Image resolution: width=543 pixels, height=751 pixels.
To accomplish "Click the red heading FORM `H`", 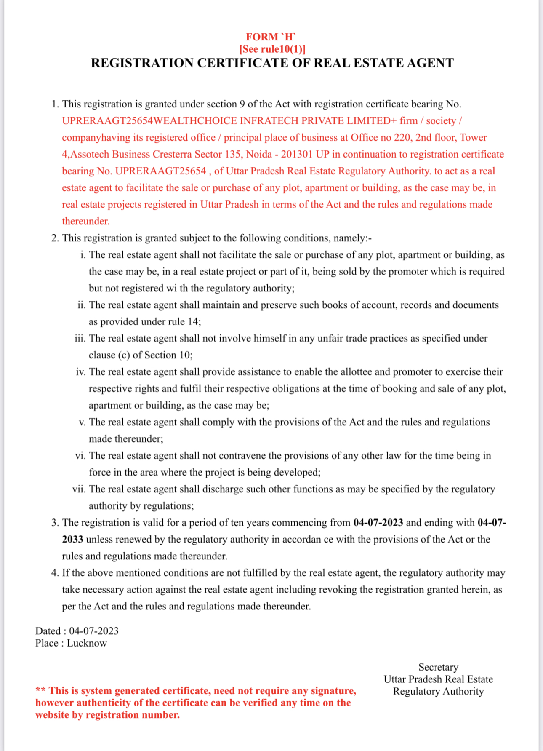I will point(271,37).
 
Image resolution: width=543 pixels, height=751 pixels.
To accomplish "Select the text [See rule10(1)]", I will point(272,49).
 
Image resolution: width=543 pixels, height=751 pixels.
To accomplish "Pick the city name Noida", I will point(259,155).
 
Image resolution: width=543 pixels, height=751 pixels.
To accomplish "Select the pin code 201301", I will point(297,155).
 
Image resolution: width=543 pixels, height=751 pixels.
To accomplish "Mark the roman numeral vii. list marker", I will point(79,489).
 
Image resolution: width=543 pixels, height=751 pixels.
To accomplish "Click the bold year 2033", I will point(72,540).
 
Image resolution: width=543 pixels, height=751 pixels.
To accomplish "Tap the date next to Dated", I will point(94,631).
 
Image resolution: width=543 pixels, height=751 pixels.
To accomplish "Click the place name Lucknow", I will point(87,643).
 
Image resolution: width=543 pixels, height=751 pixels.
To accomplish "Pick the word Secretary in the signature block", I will point(438,667).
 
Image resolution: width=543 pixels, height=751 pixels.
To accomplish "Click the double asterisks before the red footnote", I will point(40,691).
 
